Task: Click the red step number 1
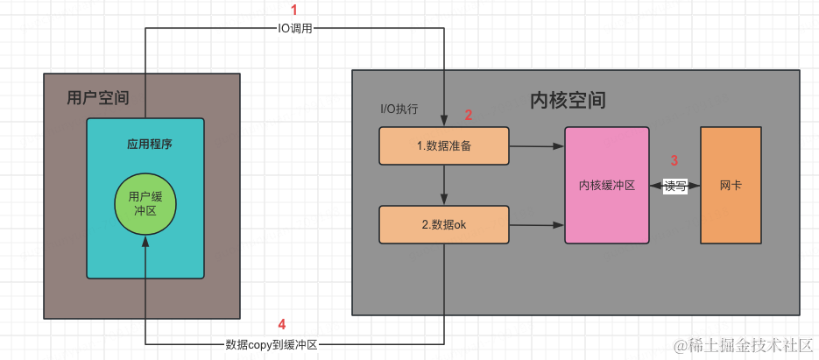294,10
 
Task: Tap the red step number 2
468,115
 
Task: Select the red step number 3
674,160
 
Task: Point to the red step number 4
281,324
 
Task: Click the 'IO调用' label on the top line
294,28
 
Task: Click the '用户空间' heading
97,98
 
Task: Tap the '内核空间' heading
568,100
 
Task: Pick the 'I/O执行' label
399,109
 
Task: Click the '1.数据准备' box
444,146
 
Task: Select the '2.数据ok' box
444,224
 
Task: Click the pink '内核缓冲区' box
606,186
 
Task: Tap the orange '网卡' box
731,186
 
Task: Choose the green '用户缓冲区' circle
145,204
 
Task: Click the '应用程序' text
145,143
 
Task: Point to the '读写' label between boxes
674,186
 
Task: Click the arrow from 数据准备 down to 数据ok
445,185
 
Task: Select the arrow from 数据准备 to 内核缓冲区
537,146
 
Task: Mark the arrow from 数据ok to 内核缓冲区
537,225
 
